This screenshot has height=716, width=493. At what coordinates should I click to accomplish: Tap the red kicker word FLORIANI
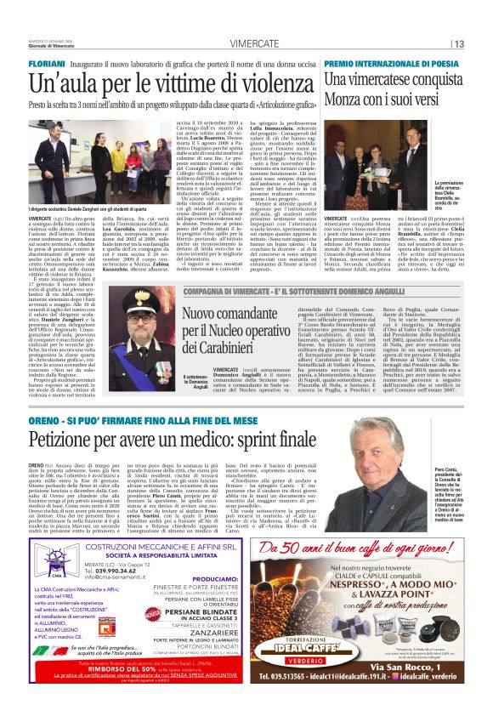(48, 63)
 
